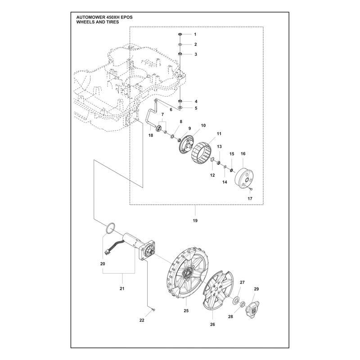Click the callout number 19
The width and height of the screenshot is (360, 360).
coord(195,220)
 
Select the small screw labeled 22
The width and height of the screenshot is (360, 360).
coord(153,310)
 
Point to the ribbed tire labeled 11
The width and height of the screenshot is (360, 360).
coord(201,152)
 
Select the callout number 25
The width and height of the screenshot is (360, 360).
coord(186,310)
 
